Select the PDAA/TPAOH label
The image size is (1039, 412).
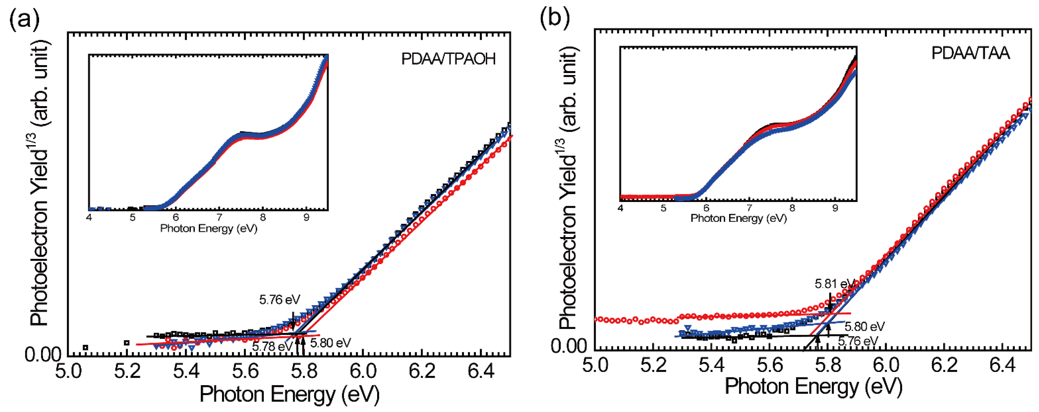(x=448, y=59)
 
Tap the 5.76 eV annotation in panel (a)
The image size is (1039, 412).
(x=280, y=299)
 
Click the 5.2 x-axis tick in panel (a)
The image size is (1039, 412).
(x=127, y=371)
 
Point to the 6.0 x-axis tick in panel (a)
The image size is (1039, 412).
(x=363, y=371)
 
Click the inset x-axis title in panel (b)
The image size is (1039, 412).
(x=738, y=218)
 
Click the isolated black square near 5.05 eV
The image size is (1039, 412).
(x=85, y=347)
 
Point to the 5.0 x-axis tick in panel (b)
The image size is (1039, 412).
(x=595, y=365)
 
